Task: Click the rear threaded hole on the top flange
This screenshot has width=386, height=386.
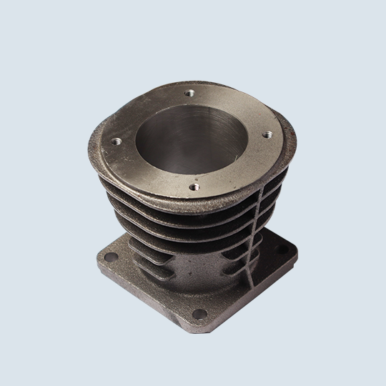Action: [189, 93]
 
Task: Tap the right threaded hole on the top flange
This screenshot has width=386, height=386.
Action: [267, 133]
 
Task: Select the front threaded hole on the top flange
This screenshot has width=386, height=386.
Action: [193, 187]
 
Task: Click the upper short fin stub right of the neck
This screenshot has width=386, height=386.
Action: [236, 254]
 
